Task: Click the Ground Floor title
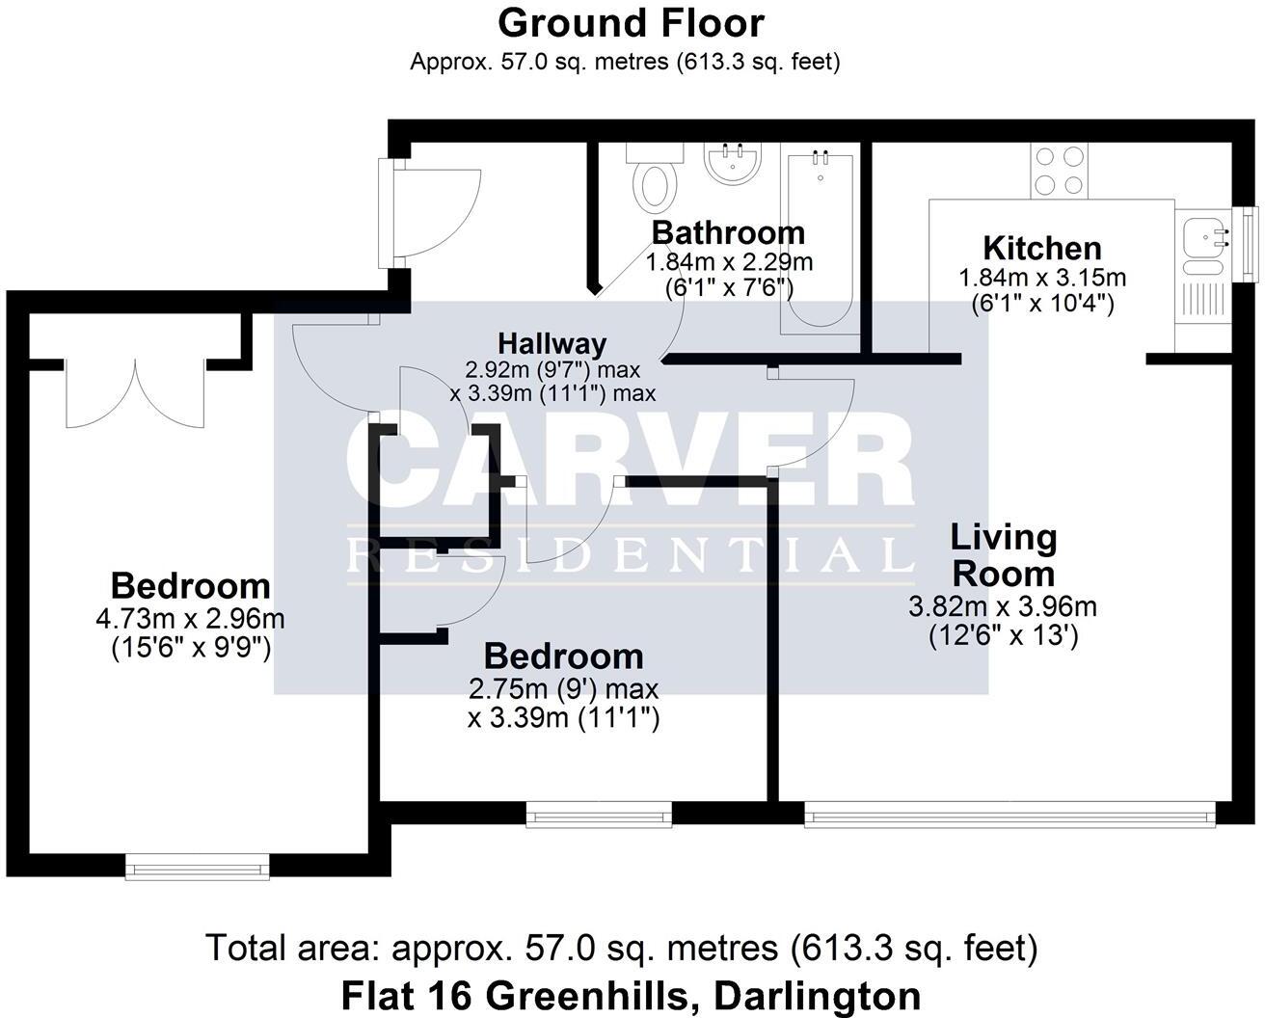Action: pyautogui.click(x=632, y=23)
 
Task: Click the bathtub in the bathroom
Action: pyautogui.click(x=820, y=241)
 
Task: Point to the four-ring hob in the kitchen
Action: pyautogui.click(x=1059, y=171)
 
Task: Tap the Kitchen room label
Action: pyautogui.click(x=1041, y=248)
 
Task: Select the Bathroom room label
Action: pyautogui.click(x=728, y=232)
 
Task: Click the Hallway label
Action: pyautogui.click(x=552, y=343)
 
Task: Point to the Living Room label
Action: pyautogui.click(x=1003, y=555)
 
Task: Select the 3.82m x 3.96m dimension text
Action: pyautogui.click(x=1003, y=607)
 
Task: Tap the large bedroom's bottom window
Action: pyautogui.click(x=198, y=869)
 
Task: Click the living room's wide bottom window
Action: pyautogui.click(x=1008, y=817)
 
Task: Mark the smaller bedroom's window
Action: pyautogui.click(x=599, y=817)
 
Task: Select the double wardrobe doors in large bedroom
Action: pyautogui.click(x=135, y=393)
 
